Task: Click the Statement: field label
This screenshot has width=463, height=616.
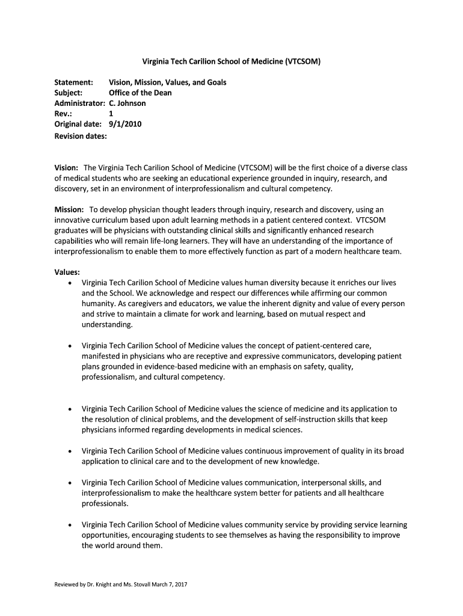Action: pos(74,82)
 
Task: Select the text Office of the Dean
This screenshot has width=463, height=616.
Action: pos(140,93)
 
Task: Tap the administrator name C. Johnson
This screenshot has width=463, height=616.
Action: pos(127,103)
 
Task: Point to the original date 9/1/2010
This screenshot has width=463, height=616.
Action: pos(125,125)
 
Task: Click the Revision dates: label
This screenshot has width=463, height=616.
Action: pos(81,136)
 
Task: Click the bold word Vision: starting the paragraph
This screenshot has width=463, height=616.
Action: pos(67,167)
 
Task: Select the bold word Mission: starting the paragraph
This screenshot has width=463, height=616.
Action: pos(69,209)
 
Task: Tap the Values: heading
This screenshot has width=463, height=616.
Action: pos(67,272)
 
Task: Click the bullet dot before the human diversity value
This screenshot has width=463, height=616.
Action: pos(71,283)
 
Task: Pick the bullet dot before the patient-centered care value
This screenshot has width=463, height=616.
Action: pos(71,346)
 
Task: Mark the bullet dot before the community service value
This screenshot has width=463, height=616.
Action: pos(71,525)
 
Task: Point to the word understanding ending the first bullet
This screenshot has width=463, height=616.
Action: pos(106,325)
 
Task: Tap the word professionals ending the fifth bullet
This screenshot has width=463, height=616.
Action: pos(104,504)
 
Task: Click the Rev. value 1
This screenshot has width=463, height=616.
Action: pos(111,114)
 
